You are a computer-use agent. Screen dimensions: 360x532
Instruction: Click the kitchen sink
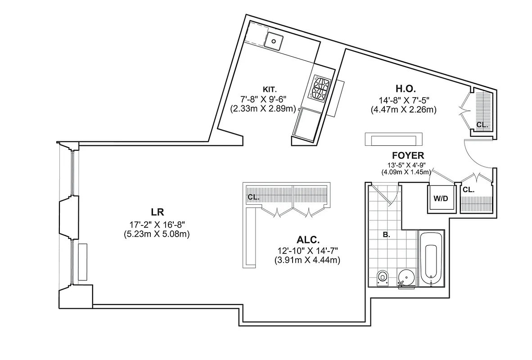[273, 41]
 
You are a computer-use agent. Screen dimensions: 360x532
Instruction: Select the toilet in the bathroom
[382, 277]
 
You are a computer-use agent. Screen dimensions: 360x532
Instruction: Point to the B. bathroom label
[386, 234]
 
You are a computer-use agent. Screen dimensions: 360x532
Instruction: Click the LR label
[157, 211]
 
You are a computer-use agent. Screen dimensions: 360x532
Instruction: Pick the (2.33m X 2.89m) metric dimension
[263, 108]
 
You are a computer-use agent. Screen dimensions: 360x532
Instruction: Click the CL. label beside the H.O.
[482, 125]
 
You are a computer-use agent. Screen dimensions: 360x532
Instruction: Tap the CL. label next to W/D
[469, 190]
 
